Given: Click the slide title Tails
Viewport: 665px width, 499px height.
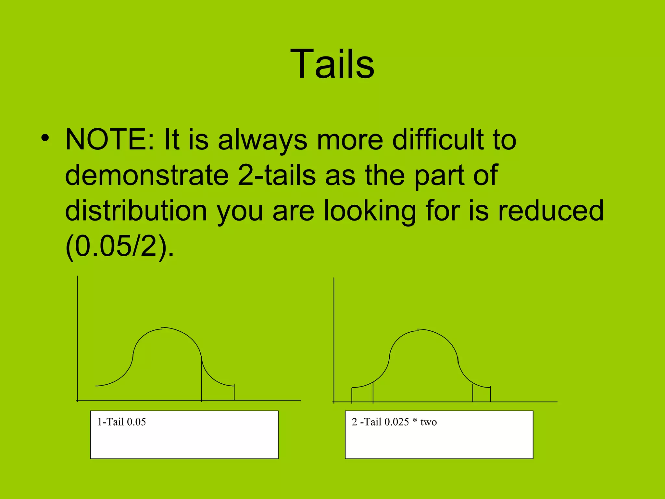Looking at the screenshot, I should point(332,64).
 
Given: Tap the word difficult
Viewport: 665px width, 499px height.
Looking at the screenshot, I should point(438,140).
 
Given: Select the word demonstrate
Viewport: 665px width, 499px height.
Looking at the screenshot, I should point(147,175).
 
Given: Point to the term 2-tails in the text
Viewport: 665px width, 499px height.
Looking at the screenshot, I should point(277,175).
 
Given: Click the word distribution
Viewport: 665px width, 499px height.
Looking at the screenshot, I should point(136,211).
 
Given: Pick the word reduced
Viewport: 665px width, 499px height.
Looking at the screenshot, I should point(551,211).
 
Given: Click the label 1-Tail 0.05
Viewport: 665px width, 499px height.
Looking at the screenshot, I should point(122,422).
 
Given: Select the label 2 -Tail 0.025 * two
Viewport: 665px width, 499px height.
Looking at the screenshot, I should point(394,422).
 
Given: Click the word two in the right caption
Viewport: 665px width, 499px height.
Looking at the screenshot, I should point(429,422).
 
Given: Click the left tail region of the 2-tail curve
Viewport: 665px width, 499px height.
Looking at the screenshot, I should point(362,394).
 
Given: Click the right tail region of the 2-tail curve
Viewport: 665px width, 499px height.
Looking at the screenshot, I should point(482,394).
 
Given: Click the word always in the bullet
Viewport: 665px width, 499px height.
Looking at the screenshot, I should point(262,140).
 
